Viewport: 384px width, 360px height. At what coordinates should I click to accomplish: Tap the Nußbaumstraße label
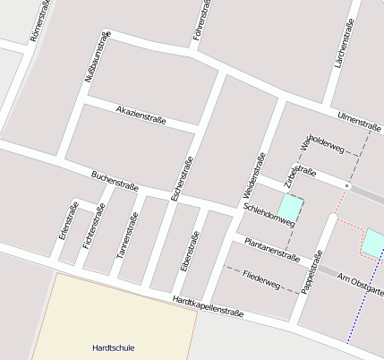coord(97,57)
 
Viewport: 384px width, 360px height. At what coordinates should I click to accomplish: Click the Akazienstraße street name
coord(141,114)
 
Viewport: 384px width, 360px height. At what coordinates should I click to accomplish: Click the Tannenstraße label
coord(127,236)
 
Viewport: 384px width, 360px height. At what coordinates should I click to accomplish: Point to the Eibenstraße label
coord(189,252)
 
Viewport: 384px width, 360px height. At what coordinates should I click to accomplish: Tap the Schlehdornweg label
coord(269,215)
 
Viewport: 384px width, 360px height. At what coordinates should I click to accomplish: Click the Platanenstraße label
coord(272,248)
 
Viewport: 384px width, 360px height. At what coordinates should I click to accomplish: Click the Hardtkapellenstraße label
coord(209,307)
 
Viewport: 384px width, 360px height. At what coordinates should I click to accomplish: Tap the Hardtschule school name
coord(113,347)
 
